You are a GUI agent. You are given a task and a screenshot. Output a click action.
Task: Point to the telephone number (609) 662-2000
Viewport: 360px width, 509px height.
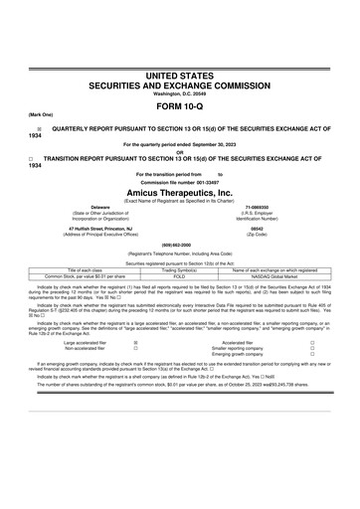(x=180, y=245)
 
